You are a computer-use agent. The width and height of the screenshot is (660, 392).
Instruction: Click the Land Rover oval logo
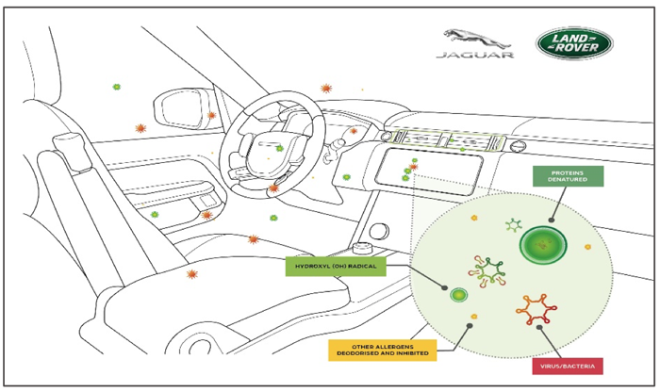pyautogui.click(x=574, y=43)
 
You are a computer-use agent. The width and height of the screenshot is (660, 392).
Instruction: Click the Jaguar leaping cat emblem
pyautogui.click(x=477, y=39)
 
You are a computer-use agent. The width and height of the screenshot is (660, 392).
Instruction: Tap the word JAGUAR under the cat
pyautogui.click(x=475, y=55)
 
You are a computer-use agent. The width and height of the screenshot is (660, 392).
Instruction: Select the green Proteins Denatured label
pyautogui.click(x=568, y=176)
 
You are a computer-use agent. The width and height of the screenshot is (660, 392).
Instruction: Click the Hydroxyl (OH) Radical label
pyautogui.click(x=336, y=267)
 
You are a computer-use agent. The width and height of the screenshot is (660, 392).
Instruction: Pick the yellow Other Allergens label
pyautogui.click(x=382, y=350)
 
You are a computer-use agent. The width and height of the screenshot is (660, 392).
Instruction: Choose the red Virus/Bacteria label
pyautogui.click(x=568, y=366)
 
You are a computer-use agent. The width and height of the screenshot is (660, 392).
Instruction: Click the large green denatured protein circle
pyautogui.click(x=543, y=245)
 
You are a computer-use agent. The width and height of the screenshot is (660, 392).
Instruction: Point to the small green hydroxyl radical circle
pyautogui.click(x=458, y=295)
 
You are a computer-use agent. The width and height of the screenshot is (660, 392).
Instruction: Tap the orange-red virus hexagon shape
pyautogui.click(x=536, y=310)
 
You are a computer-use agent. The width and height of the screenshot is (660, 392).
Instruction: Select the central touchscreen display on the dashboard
pyautogui.click(x=428, y=172)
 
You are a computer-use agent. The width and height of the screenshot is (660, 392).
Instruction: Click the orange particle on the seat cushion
pyautogui.click(x=192, y=274)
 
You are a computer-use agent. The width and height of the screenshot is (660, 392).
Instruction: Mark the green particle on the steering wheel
pyautogui.click(x=279, y=149)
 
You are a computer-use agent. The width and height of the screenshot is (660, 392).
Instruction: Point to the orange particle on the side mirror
pyautogui.click(x=211, y=115)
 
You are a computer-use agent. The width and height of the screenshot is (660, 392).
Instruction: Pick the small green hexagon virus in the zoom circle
pyautogui.click(x=514, y=225)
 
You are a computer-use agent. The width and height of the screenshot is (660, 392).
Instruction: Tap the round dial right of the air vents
pyautogui.click(x=518, y=146)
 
